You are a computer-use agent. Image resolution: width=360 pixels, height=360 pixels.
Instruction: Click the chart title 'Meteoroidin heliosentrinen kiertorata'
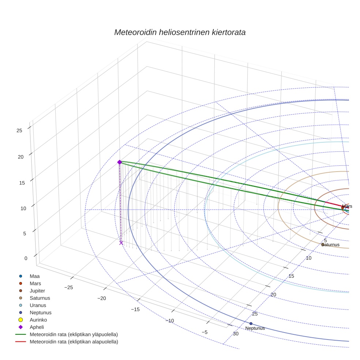(180, 32)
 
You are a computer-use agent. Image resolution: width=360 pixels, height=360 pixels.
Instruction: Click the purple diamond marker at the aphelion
(119, 162)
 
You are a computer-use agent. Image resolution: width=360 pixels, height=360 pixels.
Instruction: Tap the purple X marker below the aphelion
(121, 243)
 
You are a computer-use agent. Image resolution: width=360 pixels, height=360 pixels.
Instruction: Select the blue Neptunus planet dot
(251, 323)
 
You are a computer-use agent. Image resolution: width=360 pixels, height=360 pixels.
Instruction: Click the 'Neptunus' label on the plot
(255, 329)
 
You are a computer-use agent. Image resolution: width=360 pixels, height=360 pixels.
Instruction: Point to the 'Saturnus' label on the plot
(330, 245)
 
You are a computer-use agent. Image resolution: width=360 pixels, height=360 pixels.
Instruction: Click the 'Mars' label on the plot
(347, 206)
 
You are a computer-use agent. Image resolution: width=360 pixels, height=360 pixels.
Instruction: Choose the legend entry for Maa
(34, 276)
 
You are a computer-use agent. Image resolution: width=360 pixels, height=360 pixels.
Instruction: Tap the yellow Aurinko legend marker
(21, 320)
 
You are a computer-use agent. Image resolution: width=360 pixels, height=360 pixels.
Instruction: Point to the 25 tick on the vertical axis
(20, 130)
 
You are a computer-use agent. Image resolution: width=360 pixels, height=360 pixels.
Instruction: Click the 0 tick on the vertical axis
(26, 258)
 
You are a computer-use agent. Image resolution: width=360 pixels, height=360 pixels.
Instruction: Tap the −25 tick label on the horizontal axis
(68, 288)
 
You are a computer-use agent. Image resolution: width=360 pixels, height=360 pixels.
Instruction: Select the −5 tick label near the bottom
(204, 332)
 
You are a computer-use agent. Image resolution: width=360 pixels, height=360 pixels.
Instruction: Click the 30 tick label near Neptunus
(236, 334)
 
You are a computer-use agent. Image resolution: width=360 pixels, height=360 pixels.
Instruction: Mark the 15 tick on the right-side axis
(291, 276)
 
